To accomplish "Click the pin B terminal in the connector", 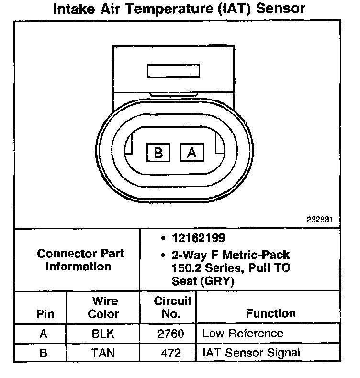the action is click(158, 153).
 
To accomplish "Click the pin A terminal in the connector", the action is click(192, 153).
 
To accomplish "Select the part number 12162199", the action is click(198, 238).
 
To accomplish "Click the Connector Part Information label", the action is click(80, 260).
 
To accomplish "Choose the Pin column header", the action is click(45, 314).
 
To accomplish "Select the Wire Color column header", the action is click(104, 308).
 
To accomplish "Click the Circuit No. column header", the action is click(172, 308).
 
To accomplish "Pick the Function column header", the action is click(271, 314).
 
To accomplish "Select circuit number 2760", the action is click(170, 334).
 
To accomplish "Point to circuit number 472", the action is click(170, 353).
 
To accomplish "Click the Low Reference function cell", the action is click(243, 334).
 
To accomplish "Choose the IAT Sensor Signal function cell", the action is click(251, 353).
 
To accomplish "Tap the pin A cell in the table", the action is click(44, 334).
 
